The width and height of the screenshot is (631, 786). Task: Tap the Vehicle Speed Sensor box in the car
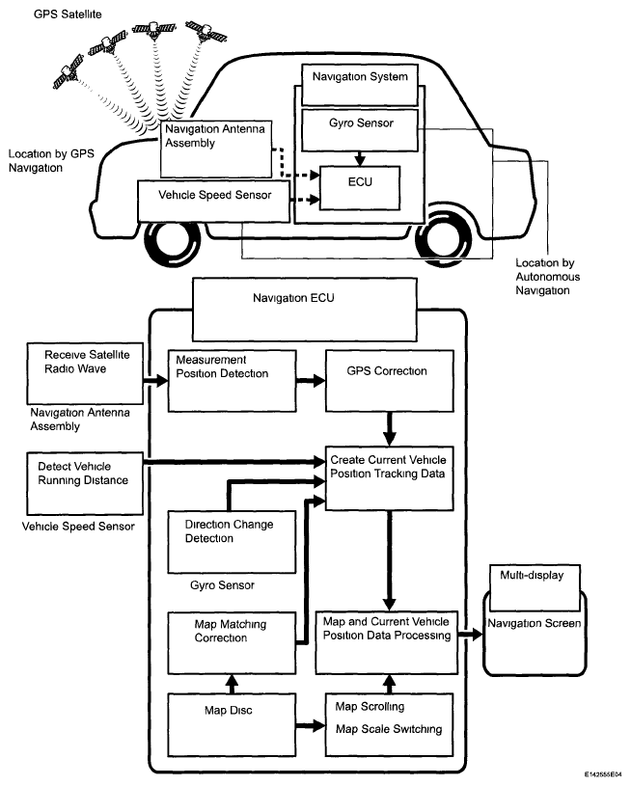213,194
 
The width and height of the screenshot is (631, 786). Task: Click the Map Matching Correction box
231,639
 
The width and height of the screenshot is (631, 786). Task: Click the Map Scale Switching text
388,729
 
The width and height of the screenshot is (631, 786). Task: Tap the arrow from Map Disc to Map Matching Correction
231,681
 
